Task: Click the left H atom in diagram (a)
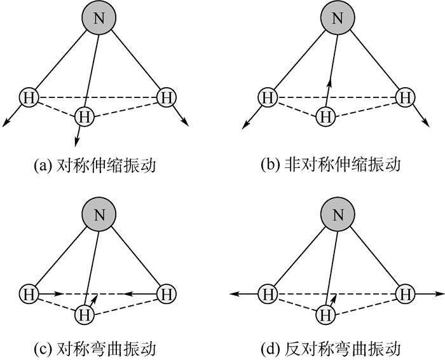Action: point(29,98)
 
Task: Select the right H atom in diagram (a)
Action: point(166,98)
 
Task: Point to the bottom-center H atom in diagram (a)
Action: point(84,116)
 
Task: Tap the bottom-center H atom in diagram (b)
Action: point(325,116)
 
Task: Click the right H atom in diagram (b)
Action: point(405,98)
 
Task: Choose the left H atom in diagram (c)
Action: point(29,294)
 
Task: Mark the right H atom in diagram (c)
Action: point(166,294)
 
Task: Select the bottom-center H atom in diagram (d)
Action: point(325,314)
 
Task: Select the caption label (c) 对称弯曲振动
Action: point(94,349)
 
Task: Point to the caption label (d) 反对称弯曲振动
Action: point(331,349)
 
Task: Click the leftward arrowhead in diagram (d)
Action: point(234,294)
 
